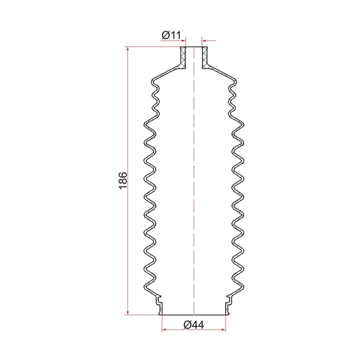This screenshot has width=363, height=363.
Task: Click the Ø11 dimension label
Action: (x=171, y=35)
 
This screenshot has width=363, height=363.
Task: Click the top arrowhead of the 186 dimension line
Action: (x=128, y=49)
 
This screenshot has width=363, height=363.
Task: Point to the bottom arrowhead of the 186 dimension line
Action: (x=128, y=312)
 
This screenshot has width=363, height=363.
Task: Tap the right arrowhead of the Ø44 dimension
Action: (x=223, y=330)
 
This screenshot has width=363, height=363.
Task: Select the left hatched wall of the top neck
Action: (x=183, y=58)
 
